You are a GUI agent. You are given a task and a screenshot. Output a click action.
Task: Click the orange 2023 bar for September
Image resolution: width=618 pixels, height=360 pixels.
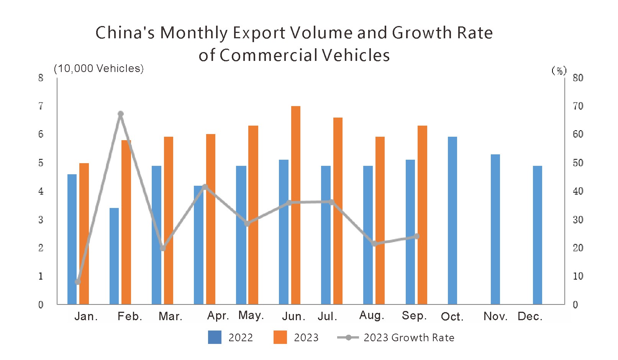click(422, 214)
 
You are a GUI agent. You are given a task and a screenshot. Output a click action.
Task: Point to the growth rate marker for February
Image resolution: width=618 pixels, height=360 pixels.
click(121, 114)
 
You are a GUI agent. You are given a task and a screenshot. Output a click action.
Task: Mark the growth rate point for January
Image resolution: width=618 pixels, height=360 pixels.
click(78, 282)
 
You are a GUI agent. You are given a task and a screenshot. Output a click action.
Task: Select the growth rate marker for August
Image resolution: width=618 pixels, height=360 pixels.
click(375, 244)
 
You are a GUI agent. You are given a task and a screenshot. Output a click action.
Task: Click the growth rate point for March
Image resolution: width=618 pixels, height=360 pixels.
click(163, 248)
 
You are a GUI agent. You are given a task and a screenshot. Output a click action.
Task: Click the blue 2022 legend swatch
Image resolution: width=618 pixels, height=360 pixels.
click(215, 337)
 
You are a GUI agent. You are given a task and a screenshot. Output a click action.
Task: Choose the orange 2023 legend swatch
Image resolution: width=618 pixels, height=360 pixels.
click(280, 337)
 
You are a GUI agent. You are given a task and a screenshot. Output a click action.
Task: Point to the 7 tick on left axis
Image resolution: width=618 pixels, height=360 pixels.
click(41, 106)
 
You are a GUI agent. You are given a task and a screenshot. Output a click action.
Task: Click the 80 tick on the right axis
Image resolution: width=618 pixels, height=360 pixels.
click(577, 78)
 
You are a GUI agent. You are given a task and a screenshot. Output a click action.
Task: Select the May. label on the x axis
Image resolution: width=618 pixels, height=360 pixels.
click(251, 315)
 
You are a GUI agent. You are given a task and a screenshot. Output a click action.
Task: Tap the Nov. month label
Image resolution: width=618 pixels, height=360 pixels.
click(495, 316)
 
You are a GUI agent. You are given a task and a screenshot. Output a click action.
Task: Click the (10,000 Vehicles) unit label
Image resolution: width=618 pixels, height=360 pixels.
click(99, 69)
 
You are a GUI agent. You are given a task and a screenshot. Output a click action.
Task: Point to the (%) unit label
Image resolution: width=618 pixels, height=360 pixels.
click(559, 70)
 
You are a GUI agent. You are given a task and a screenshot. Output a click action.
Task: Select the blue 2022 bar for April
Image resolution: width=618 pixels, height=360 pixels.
click(198, 245)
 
